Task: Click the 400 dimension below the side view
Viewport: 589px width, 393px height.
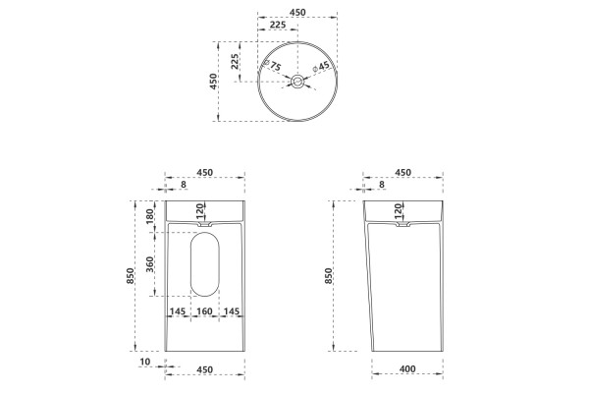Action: pos(407,369)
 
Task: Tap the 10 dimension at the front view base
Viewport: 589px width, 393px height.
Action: pos(144,362)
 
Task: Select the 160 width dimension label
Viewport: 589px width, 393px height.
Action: pos(204,311)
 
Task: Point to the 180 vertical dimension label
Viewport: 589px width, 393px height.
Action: pos(149,216)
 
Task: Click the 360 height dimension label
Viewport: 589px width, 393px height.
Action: pos(149,264)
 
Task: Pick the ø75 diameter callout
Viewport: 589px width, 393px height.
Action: pos(272,66)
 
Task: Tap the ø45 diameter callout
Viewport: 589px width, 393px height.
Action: pos(321,67)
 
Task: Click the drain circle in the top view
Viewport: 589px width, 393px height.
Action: pos(297,82)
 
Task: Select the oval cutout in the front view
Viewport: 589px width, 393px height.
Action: pos(205,264)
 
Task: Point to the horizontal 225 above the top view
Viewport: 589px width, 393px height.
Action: pos(278,25)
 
